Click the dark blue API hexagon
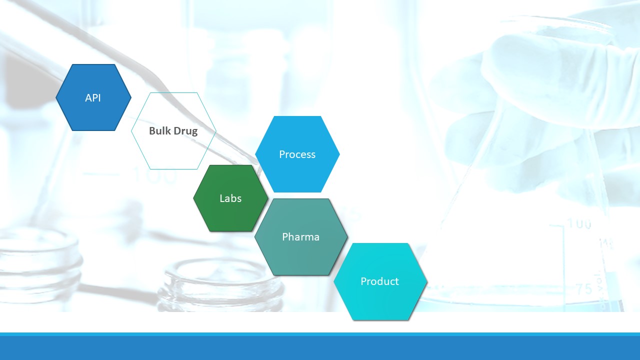pos(93,97)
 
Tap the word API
pos(93,97)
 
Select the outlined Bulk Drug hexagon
pos(173,131)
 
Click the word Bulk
pos(159,130)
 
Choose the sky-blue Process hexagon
pos(297,154)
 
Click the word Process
pos(297,154)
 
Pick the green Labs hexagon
pos(230,198)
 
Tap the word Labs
pos(230,198)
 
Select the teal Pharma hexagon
pos(301,237)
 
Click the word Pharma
pos(300,237)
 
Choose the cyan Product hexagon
pos(380,281)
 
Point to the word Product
pos(379,281)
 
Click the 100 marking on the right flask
pos(579,223)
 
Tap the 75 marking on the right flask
pos(584,289)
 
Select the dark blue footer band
pos(320,348)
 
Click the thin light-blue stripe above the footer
pos(320,334)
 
